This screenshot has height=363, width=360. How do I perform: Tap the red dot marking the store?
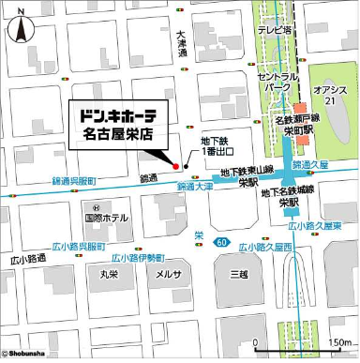pyautogui.click(x=174, y=166)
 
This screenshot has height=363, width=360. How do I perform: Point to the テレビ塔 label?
pyautogui.click(x=277, y=29)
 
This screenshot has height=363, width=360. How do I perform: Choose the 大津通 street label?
pyautogui.click(x=183, y=48)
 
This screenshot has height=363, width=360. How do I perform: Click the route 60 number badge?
pyautogui.click(x=220, y=243)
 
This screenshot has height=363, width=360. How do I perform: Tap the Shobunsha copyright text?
pyautogui.click(x=28, y=355)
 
